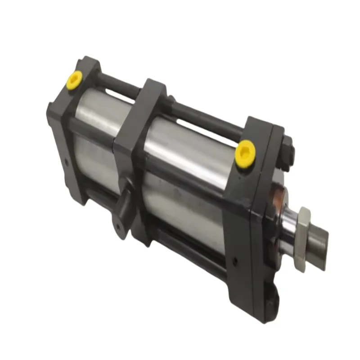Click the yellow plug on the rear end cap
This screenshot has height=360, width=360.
click(74, 80)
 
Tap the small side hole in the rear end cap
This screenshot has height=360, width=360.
click(67, 161)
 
